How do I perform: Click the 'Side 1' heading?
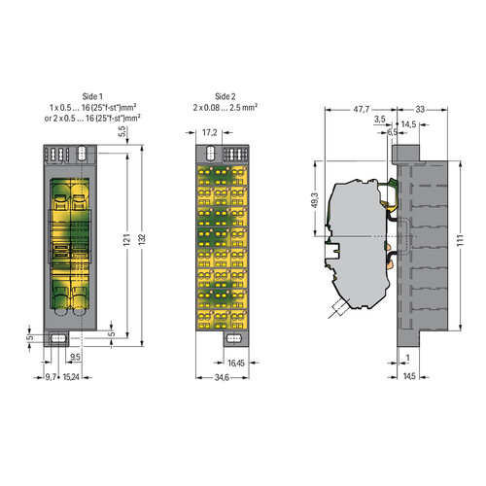[92, 96]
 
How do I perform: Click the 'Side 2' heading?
[226, 96]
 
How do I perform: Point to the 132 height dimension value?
[142, 239]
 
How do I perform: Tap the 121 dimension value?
[127, 240]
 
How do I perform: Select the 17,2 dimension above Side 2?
[209, 132]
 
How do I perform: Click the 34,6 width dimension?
[222, 377]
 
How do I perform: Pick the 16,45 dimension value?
[236, 363]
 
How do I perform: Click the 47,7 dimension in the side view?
[361, 109]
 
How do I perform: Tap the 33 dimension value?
[420, 109]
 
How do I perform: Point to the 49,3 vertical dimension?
[315, 199]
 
